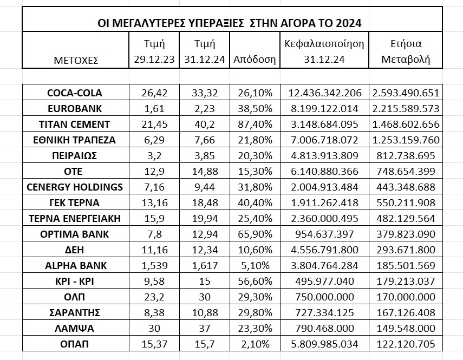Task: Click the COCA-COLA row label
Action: [x=75, y=93]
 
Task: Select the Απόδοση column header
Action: [x=255, y=60]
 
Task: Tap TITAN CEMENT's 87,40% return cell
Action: [x=255, y=124]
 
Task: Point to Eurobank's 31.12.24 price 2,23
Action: [x=205, y=109]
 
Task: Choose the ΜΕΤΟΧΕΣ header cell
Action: [x=76, y=61]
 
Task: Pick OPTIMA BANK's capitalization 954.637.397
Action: [x=324, y=234]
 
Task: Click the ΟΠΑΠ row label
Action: [x=74, y=344]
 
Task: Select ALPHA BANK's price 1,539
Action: [x=154, y=266]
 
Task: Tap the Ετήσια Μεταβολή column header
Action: [x=406, y=51]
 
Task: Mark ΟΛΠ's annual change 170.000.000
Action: [x=406, y=297]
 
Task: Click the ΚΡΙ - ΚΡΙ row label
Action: [x=75, y=281]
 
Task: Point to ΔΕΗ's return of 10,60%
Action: [x=255, y=250]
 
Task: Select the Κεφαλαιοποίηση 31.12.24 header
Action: [x=324, y=51]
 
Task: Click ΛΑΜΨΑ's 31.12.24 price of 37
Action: [x=204, y=329]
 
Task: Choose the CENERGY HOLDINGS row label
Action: [x=75, y=187]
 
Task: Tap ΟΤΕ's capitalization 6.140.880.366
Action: [x=324, y=172]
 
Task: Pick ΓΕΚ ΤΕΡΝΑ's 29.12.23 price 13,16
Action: [x=154, y=202]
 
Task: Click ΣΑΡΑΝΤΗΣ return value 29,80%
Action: [x=255, y=312]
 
